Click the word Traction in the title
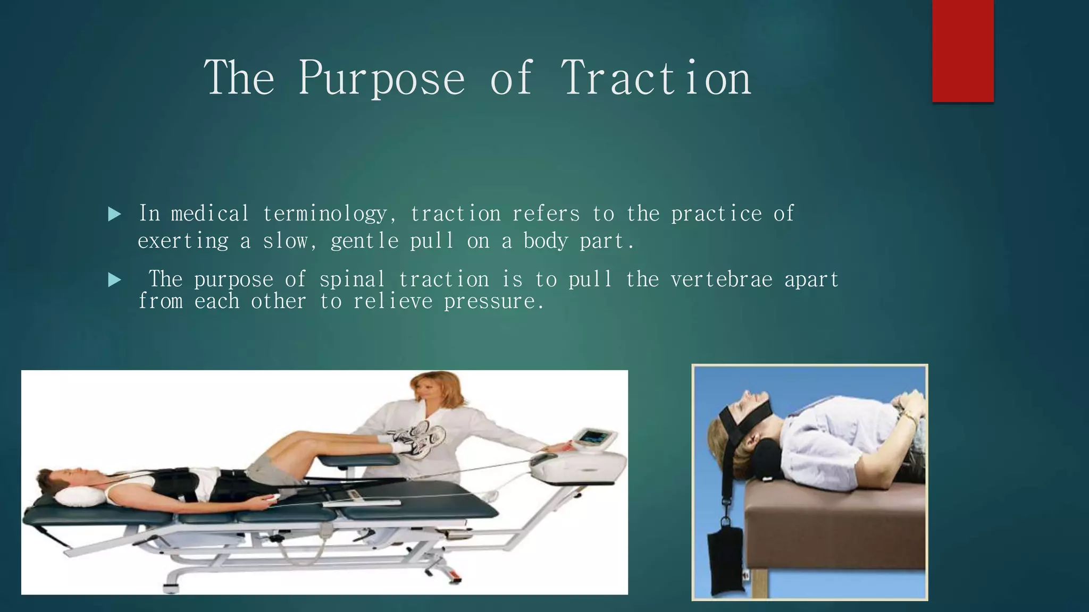(656, 79)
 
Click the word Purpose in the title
(381, 79)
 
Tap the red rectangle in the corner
(962, 50)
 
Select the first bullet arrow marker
(114, 215)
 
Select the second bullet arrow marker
(114, 280)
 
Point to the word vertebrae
(721, 279)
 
